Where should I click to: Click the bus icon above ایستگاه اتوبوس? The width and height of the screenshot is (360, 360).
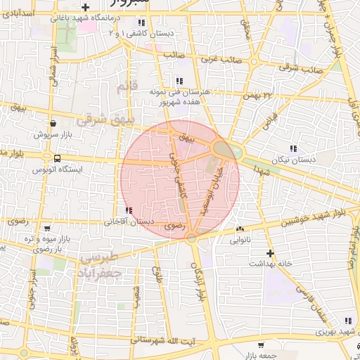pyautogui.click(x=56, y=158)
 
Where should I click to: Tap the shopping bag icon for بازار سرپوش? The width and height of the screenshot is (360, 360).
pyautogui.click(x=53, y=123)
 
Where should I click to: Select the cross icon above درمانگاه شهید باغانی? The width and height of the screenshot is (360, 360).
pyautogui.click(x=84, y=7)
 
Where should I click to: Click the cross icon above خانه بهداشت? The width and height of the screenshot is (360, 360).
pyautogui.click(x=270, y=252)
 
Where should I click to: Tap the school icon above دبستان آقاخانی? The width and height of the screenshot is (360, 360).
pyautogui.click(x=128, y=210)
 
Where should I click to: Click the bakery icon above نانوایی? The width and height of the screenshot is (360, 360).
pyautogui.click(x=240, y=229)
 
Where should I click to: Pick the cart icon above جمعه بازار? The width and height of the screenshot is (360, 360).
pyautogui.click(x=261, y=345)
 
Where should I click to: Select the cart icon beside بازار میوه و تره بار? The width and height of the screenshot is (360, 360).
pyautogui.click(x=47, y=229)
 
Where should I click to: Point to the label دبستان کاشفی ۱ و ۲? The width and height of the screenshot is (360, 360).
pyautogui.click(x=155, y=33)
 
